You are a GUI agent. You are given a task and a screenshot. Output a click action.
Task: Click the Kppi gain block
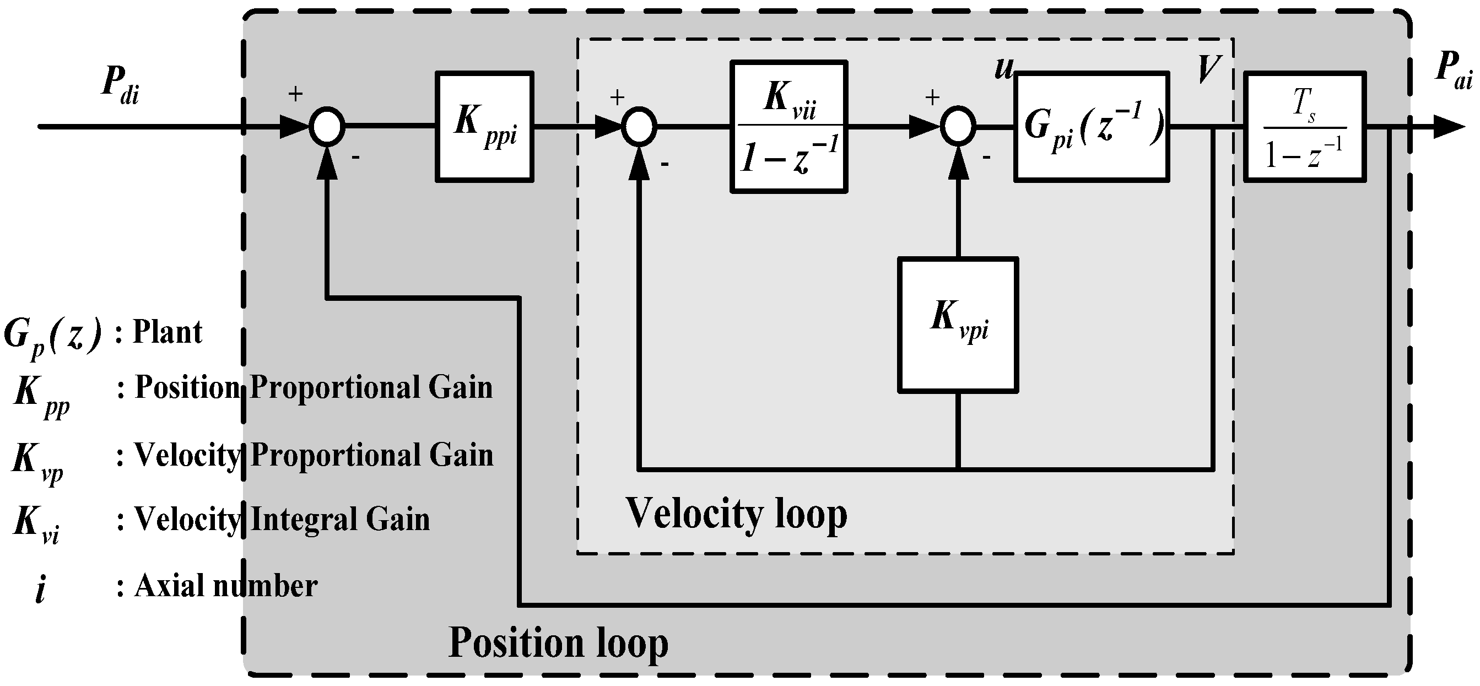484,126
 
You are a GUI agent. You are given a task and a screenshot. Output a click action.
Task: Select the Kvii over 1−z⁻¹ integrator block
789,126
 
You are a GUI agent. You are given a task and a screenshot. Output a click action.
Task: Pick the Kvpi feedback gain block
958,325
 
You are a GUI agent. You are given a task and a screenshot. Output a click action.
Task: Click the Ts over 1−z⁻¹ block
1304,126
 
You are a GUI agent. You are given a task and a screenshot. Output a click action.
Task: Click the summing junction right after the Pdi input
327,126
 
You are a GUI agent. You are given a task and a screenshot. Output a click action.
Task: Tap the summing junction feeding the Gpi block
958,126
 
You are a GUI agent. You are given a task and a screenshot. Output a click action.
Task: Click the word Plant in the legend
167,332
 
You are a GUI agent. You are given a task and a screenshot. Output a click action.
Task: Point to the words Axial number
226,587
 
